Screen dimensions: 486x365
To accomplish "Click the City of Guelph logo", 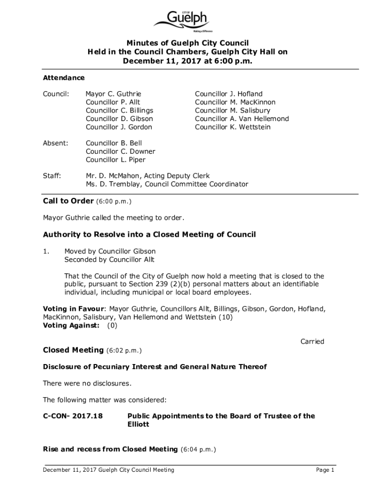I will pyautogui.click(x=182, y=21).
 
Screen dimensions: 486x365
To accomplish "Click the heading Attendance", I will pyautogui.click(x=64, y=78).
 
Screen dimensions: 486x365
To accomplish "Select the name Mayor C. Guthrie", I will pyautogui.click(x=113, y=94).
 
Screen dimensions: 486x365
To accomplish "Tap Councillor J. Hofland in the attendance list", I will pyautogui.click(x=228, y=94).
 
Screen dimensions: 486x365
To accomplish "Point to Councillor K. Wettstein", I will pyautogui.click(x=233, y=127).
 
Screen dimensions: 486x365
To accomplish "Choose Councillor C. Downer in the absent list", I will pyautogui.click(x=120, y=151).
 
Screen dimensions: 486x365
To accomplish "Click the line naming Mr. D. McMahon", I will pyautogui.click(x=147, y=176).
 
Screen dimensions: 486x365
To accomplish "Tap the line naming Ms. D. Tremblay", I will pyautogui.click(x=167, y=184).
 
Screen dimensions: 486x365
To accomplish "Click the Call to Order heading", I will pyautogui.click(x=68, y=201).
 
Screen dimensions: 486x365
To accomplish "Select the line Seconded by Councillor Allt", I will pyautogui.click(x=109, y=260).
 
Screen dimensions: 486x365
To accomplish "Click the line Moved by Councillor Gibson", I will pyautogui.click(x=110, y=252).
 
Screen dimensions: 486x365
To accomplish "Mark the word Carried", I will pyautogui.click(x=312, y=342).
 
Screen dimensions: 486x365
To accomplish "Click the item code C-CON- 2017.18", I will pyautogui.click(x=73, y=416).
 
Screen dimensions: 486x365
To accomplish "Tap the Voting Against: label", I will pyautogui.click(x=72, y=326).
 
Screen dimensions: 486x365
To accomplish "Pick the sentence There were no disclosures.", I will pyautogui.click(x=87, y=383).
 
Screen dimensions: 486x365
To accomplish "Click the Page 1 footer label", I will pyautogui.click(x=326, y=470).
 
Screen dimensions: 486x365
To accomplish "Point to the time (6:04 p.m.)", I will pyautogui.click(x=199, y=449).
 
